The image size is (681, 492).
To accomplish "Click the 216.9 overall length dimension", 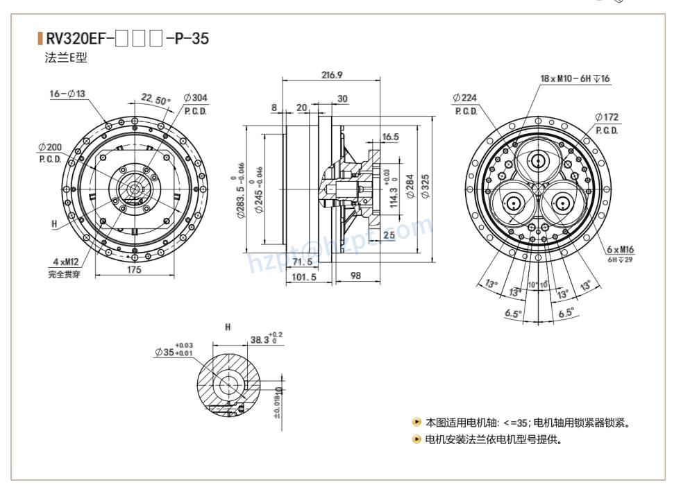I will pos(332,74).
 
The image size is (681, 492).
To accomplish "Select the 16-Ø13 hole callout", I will pos(67,94).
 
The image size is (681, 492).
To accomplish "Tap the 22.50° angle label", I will pos(155,99).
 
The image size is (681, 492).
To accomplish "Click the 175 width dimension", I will pos(133,269).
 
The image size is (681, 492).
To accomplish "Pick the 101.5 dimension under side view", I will pos(303,276).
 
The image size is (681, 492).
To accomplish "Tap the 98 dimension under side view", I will pos(355,275).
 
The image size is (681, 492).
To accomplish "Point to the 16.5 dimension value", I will pos(390,137).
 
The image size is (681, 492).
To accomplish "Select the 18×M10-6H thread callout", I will pos(575,78).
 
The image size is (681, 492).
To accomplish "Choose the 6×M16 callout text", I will pos(620,249).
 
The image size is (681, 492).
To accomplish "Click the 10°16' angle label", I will pos(537,285).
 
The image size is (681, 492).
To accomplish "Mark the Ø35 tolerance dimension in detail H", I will pos(174,351).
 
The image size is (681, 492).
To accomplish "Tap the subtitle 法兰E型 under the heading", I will pos(66,58).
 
